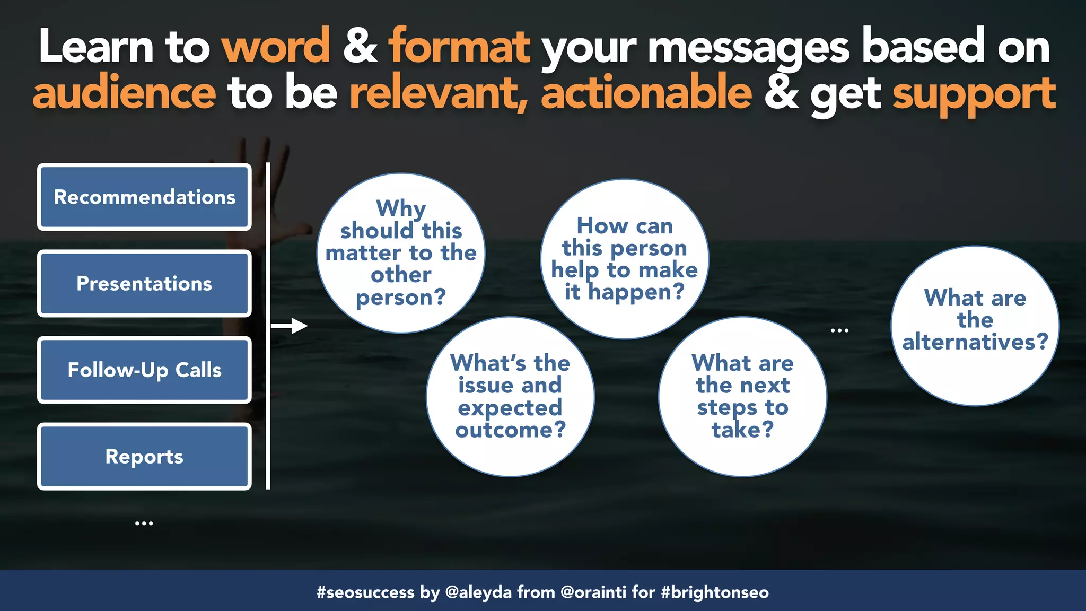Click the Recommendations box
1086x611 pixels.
(x=144, y=197)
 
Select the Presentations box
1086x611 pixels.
(x=144, y=284)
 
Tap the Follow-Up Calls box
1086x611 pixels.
(x=144, y=370)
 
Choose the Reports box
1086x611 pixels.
(x=144, y=457)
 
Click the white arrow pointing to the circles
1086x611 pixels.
(x=290, y=326)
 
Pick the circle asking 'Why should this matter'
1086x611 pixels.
(x=401, y=253)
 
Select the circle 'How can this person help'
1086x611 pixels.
(x=625, y=259)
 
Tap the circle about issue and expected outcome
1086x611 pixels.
(x=510, y=397)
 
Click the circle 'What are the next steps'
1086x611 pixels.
(x=742, y=397)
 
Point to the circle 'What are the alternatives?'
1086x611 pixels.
(x=975, y=326)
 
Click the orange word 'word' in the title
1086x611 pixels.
(x=276, y=47)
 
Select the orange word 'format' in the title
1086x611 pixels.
(x=459, y=47)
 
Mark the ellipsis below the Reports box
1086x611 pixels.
(x=144, y=523)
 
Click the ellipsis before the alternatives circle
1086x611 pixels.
(x=839, y=330)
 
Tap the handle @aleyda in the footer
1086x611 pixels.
(x=478, y=592)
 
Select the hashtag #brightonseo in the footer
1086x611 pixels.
(x=715, y=592)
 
